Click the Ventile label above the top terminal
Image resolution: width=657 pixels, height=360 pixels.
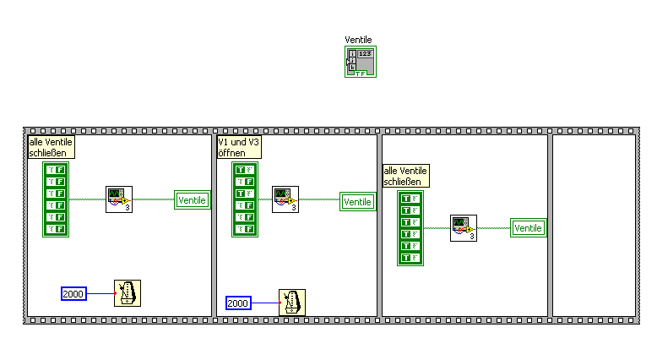pyautogui.click(x=358, y=40)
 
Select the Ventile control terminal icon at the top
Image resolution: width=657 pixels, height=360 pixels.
pyautogui.click(x=360, y=62)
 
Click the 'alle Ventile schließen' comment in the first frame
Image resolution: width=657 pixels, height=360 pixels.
pyautogui.click(x=51, y=147)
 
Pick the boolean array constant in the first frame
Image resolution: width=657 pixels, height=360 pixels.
pyautogui.click(x=56, y=199)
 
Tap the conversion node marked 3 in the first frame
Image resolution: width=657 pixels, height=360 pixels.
pyautogui.click(x=118, y=199)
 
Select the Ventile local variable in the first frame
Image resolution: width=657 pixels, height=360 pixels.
pyautogui.click(x=192, y=200)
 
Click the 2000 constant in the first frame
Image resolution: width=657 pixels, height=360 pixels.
pyautogui.click(x=74, y=293)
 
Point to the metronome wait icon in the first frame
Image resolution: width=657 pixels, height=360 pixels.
pyautogui.click(x=128, y=292)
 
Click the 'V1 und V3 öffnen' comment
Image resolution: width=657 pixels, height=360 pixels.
pyautogui.click(x=239, y=147)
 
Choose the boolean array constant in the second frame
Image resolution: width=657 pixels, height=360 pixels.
pyautogui.click(x=245, y=199)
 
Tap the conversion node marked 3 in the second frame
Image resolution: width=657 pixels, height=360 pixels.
pyautogui.click(x=285, y=200)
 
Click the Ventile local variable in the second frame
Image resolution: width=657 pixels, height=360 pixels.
pyautogui.click(x=357, y=202)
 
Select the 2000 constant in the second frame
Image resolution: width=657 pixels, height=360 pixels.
pyautogui.click(x=239, y=303)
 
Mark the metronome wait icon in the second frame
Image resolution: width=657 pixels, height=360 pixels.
pyautogui.click(x=292, y=302)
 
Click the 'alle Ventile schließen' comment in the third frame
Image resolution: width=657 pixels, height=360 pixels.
pyautogui.click(x=406, y=175)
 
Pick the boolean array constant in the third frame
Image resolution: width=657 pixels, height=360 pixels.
pyautogui.click(x=410, y=228)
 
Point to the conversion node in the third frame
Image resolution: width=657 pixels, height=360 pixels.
pyautogui.click(x=463, y=228)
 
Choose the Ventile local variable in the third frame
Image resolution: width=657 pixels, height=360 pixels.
pyautogui.click(x=528, y=228)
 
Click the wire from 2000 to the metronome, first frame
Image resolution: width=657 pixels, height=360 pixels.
pyautogui.click(x=100, y=293)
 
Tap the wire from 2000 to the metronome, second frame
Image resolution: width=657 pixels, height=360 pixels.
pyautogui.click(x=265, y=303)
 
